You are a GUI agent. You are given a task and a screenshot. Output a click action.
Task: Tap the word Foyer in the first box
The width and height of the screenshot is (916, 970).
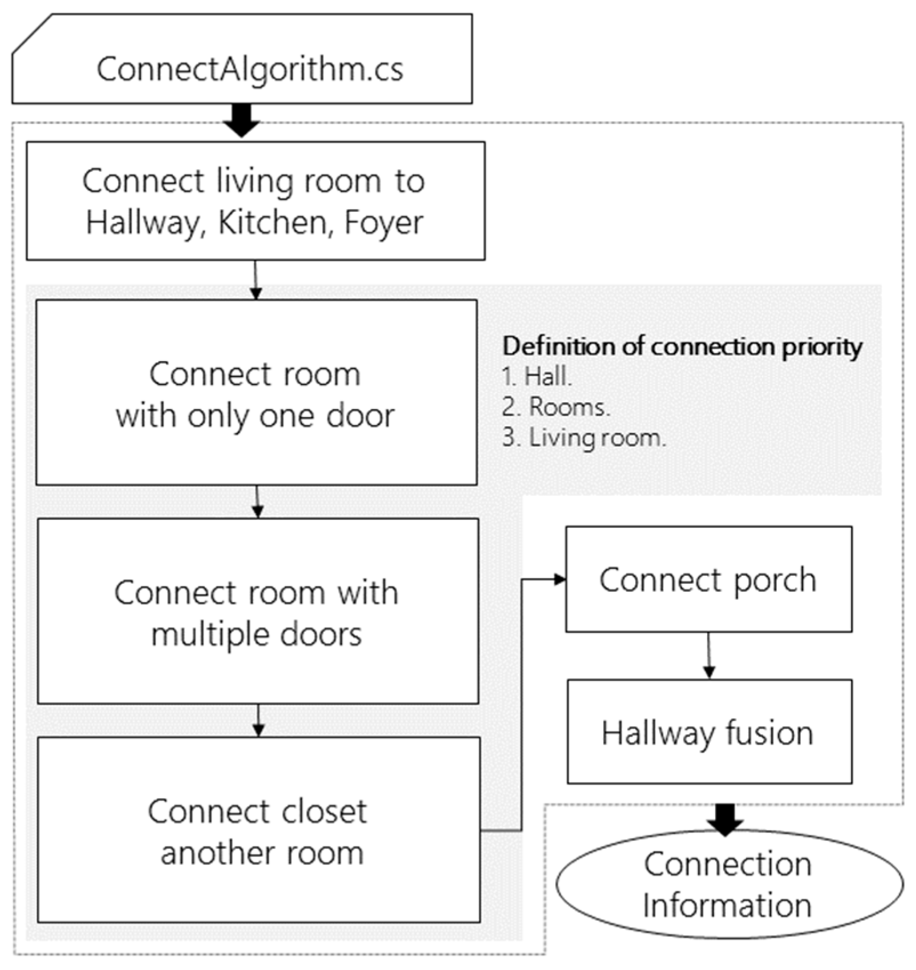[x=383, y=223]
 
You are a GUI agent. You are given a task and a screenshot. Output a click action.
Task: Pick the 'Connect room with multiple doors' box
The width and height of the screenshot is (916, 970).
[x=257, y=611]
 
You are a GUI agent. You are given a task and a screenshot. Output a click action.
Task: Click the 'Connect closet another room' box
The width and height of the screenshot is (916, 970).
[x=258, y=830]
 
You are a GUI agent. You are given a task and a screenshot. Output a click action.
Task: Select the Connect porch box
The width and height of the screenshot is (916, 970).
[x=708, y=579]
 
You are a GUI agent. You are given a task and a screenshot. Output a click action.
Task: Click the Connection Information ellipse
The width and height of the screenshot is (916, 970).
[x=729, y=884]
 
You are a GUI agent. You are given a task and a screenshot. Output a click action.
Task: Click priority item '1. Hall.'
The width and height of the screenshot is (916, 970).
[x=537, y=377]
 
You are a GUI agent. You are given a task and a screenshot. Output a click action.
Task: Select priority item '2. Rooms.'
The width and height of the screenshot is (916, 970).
[x=556, y=407]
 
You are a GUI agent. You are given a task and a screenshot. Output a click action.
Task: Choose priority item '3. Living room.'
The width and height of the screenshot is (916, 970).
[x=583, y=438]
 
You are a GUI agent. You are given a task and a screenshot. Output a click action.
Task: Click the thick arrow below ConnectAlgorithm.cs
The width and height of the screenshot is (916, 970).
[x=242, y=122]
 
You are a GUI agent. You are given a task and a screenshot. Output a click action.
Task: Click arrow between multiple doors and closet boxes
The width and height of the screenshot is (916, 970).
[x=258, y=720]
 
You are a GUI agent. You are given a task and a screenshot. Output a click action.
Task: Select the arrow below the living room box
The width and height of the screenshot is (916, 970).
[x=256, y=280]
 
